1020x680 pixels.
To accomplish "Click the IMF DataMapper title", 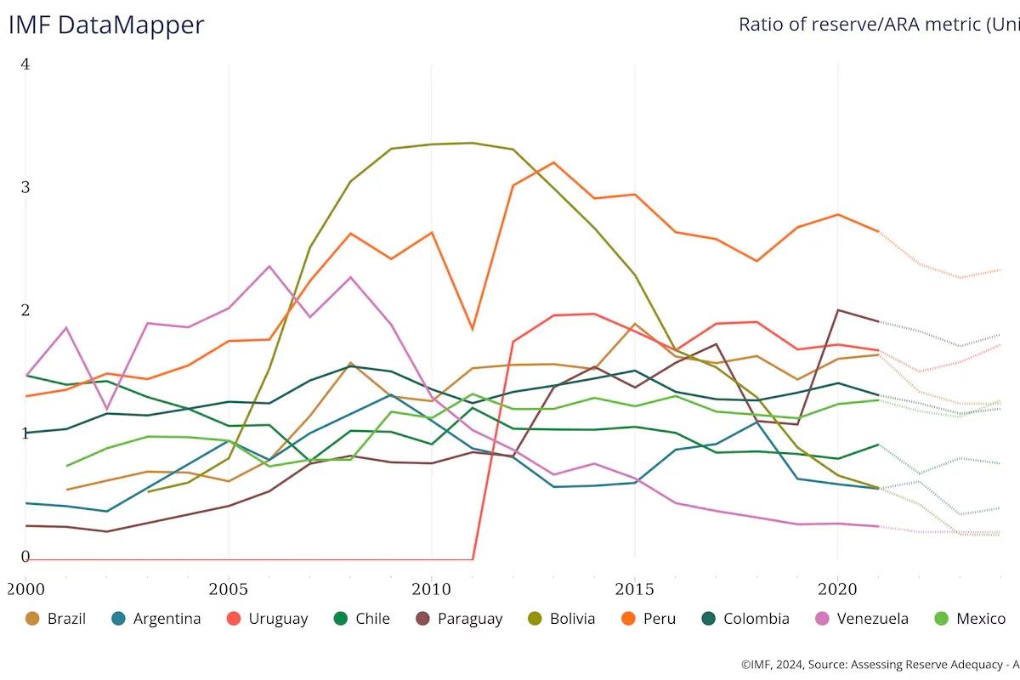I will coord(106,25).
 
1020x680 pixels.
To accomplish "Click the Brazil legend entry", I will coord(56,619).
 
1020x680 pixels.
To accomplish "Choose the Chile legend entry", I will coord(361,619).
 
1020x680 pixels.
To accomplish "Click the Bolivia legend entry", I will coord(560,619).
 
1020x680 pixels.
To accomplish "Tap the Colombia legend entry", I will coord(745,619).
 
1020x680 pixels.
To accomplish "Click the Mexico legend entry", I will coord(968,619).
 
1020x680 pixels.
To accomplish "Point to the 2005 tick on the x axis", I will coord(228,588).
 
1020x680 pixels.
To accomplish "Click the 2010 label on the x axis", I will coord(431,588).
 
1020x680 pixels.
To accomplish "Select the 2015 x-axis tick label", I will coord(634,588).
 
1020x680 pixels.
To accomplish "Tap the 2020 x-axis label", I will coord(837,588).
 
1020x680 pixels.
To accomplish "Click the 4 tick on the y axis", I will coord(25,65).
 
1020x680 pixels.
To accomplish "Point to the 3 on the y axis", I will coord(25,187).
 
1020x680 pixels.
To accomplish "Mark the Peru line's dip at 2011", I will coord(472,329).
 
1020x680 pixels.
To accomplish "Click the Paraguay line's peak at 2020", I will coord(837,310).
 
